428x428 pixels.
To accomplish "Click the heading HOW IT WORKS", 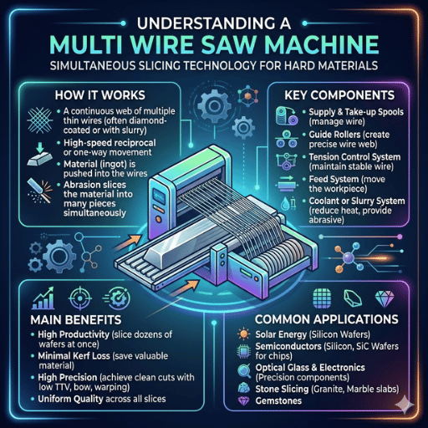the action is tap(99, 95).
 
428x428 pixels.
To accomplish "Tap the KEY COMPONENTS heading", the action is tap(339, 95).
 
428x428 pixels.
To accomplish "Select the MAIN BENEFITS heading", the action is tap(76, 320).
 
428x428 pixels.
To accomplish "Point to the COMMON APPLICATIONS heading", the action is tap(327, 319).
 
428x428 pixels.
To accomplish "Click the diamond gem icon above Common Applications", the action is tap(385, 299).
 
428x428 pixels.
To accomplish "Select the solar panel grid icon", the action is tap(322, 298).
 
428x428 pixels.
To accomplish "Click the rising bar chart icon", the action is tap(43, 298).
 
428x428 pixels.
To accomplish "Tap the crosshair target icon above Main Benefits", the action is tap(80, 298).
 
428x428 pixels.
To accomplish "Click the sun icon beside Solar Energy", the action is tap(243, 334).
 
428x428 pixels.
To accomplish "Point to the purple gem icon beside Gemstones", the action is tap(243, 400).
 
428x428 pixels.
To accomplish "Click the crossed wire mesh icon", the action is tap(40, 120).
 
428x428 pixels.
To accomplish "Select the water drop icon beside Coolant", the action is tap(284, 205).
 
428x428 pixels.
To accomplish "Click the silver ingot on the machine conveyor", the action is tap(178, 242).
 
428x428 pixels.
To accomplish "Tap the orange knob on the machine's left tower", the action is tap(159, 218).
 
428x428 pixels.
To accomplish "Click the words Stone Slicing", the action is tap(282, 389).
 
